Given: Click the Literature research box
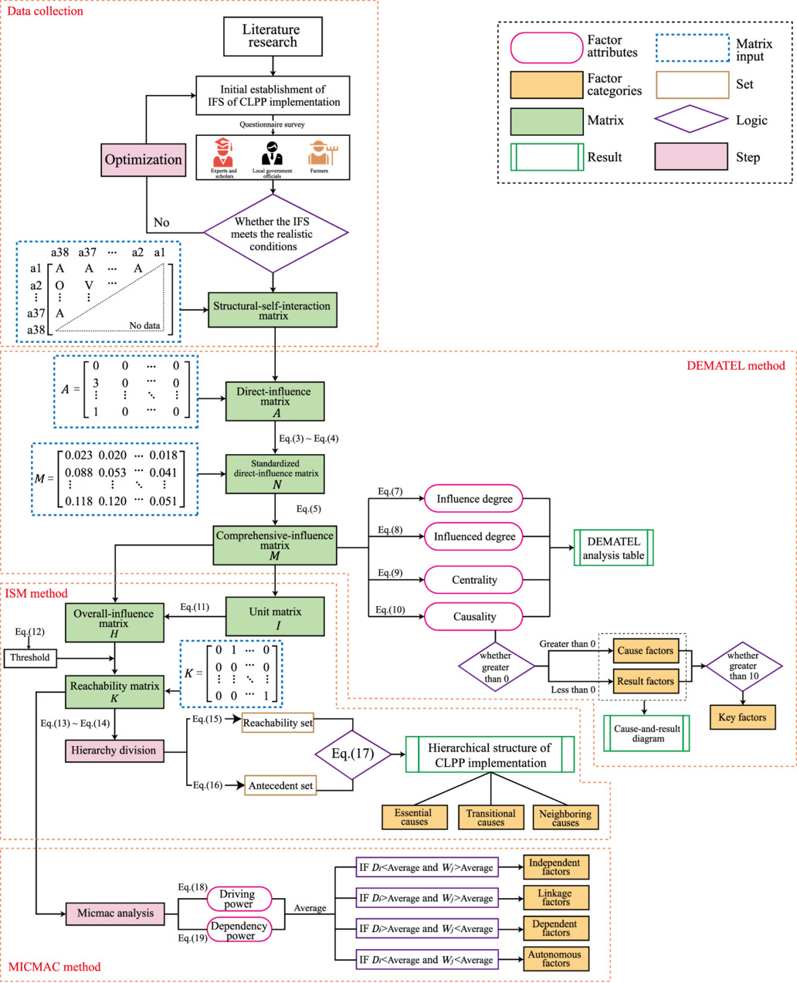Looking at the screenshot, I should tap(272, 37).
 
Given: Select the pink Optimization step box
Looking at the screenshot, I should tap(143, 160).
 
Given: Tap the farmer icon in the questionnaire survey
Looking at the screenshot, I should tap(319, 154).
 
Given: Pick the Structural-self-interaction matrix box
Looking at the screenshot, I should tap(273, 310).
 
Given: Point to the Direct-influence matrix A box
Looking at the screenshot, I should tap(275, 402).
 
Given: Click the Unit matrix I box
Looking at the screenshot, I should tap(275, 617).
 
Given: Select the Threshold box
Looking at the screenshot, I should tap(30, 658).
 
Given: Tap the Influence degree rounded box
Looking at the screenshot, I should tap(473, 499).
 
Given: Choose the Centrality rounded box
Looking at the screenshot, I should tap(473, 580).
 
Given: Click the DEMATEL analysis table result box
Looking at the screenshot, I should tap(613, 548).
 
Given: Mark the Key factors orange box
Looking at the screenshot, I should tap(742, 717).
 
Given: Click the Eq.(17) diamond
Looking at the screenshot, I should tap(353, 754).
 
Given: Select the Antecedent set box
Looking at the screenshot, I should tap(280, 786).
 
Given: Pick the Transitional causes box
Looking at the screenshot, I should tap(490, 817).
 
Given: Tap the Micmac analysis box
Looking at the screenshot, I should tap(115, 914).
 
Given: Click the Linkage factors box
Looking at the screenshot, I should tap(555, 897).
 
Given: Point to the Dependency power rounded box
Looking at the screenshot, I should tap(239, 930).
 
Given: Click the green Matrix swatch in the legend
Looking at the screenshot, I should tap(547, 121).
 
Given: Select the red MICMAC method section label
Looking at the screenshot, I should tap(54, 967).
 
